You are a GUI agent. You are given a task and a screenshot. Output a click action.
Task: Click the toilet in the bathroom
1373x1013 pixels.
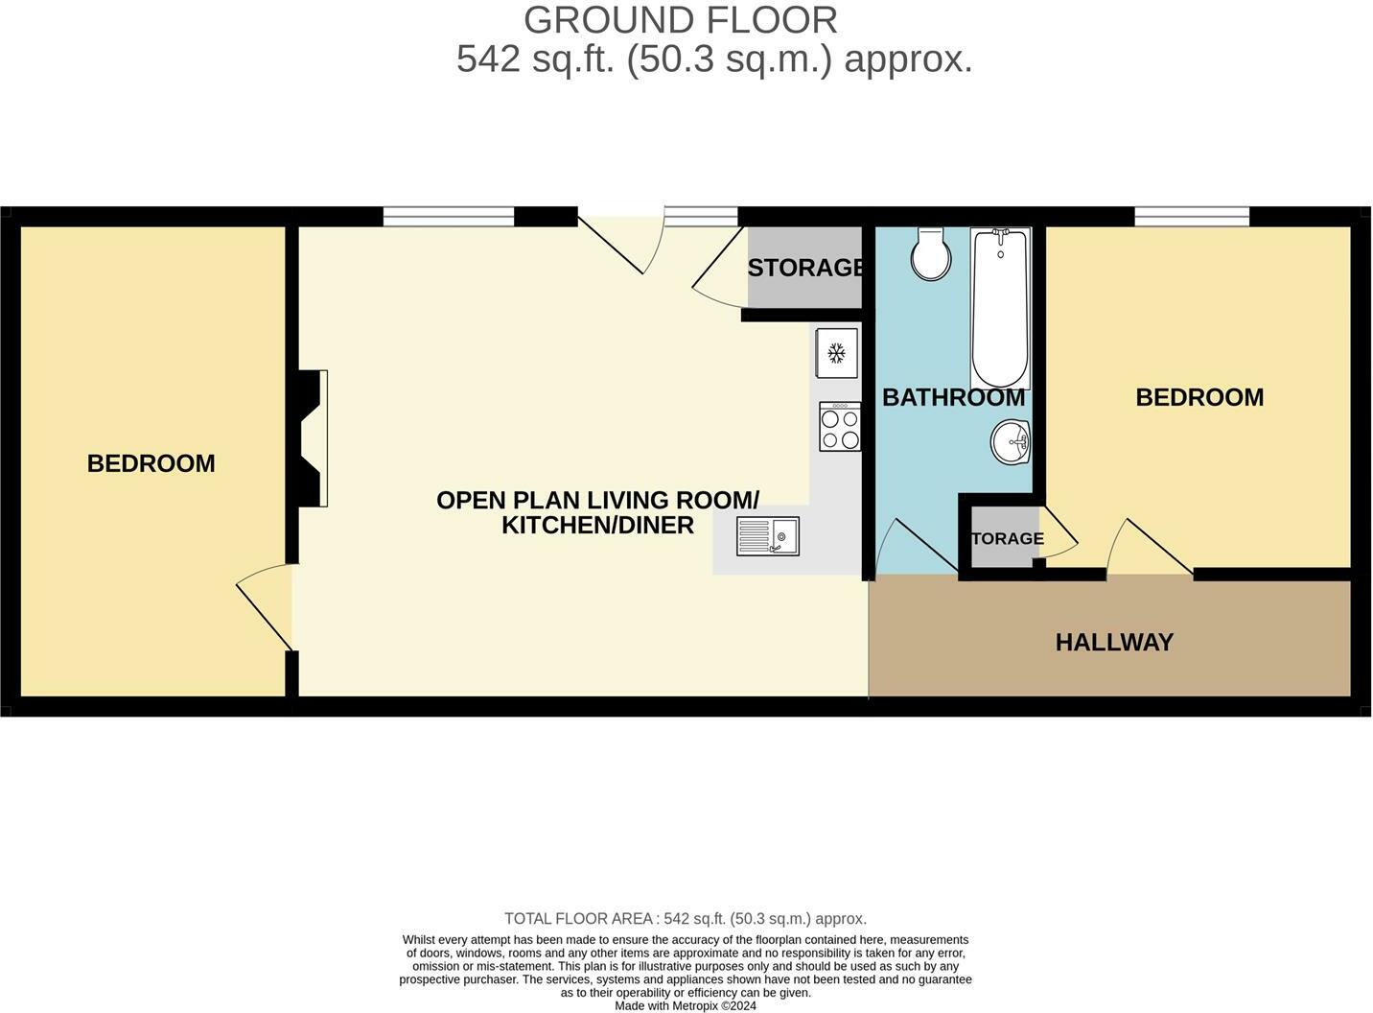[x=930, y=254]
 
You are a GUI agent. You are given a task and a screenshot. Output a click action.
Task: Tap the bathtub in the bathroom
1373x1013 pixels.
[x=1000, y=307]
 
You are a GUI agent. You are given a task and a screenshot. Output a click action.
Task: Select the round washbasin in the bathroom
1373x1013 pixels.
[x=1011, y=442]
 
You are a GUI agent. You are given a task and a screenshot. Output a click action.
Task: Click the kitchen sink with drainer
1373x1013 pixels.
[x=768, y=536]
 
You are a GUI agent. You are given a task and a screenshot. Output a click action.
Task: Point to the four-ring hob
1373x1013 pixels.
[x=840, y=427]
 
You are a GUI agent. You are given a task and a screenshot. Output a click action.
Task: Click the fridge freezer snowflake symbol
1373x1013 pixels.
[x=836, y=354]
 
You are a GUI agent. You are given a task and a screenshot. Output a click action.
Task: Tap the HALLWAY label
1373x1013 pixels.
[x=1114, y=642]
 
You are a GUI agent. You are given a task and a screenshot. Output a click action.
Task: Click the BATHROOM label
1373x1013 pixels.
[x=953, y=397]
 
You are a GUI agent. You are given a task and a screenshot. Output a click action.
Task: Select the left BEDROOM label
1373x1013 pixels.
[x=151, y=463]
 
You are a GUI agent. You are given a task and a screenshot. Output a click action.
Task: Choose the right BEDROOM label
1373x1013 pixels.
[x=1199, y=397]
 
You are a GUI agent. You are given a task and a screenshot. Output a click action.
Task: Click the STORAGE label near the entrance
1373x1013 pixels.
[x=805, y=268]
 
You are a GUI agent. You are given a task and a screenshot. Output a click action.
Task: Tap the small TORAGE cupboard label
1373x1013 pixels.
[x=1007, y=538]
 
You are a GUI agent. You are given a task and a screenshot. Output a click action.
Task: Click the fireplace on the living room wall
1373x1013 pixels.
[x=313, y=438]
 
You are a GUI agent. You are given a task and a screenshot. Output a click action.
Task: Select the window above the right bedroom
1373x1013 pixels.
[x=1192, y=217]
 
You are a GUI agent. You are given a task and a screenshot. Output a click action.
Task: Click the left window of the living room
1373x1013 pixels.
[x=448, y=217]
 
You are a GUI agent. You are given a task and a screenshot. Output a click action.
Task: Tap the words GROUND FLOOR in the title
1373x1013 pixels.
[x=680, y=20]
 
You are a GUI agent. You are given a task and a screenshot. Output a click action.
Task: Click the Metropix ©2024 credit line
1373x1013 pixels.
[x=686, y=1006]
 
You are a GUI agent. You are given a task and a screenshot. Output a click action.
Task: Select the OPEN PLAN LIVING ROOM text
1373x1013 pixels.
[x=597, y=500]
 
